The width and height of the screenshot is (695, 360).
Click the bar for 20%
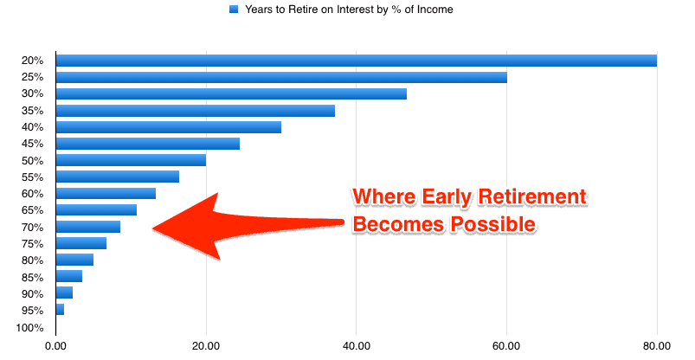[x=357, y=61]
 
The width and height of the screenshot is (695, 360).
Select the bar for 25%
[x=281, y=77]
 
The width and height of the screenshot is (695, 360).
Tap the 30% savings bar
[x=231, y=93]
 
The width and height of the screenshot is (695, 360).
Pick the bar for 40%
[x=169, y=127]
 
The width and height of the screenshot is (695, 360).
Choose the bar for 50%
[x=132, y=160]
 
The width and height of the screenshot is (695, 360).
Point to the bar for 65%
[x=96, y=209]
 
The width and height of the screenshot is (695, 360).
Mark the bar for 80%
[x=75, y=260]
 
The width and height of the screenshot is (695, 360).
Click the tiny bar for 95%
[x=60, y=310]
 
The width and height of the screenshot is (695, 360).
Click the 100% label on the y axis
[x=29, y=328]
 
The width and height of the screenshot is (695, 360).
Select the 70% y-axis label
[x=32, y=228]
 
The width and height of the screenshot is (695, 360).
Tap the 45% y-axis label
[x=32, y=144]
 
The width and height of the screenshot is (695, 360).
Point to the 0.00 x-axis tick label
[x=56, y=346]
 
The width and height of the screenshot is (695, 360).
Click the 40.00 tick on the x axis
[x=357, y=346]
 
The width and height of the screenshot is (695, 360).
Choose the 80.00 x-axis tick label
[x=657, y=346]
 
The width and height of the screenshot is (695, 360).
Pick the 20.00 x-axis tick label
[x=206, y=346]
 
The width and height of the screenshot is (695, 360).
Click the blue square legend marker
[x=234, y=9]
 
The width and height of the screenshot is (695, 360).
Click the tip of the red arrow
[x=152, y=228]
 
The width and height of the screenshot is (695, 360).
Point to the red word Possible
[x=492, y=224]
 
